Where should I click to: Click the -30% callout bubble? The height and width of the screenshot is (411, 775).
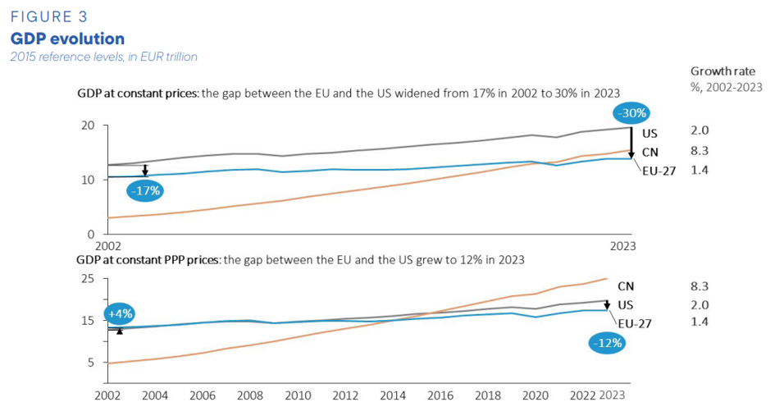pyautogui.click(x=632, y=113)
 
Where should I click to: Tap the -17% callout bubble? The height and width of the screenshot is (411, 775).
pyautogui.click(x=145, y=190)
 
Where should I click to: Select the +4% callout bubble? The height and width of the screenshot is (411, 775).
pyautogui.click(x=120, y=313)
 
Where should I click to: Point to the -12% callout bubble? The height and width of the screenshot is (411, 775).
pyautogui.click(x=607, y=343)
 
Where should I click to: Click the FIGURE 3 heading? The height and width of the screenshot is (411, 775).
pyautogui.click(x=49, y=16)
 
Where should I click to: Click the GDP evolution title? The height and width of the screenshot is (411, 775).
pyautogui.click(x=67, y=39)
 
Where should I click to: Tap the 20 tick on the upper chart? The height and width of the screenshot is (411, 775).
pyautogui.click(x=88, y=126)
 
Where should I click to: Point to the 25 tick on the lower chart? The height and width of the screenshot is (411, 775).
pyautogui.click(x=88, y=278)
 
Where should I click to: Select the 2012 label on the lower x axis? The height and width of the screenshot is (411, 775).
pyautogui.click(x=345, y=395)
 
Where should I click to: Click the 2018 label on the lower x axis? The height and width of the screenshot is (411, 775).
pyautogui.click(x=488, y=395)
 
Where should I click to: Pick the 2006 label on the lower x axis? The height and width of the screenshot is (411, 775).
pyautogui.click(x=203, y=395)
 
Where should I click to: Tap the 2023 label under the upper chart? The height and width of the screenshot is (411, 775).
pyautogui.click(x=622, y=246)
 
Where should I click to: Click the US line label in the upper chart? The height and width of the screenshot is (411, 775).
pyautogui.click(x=650, y=134)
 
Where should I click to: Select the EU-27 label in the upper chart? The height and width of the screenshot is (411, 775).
pyautogui.click(x=659, y=171)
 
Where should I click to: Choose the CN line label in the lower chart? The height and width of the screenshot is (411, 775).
pyautogui.click(x=626, y=286)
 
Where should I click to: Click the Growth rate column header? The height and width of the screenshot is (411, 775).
pyautogui.click(x=723, y=71)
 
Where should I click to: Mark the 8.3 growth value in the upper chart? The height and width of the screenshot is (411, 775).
pyautogui.click(x=700, y=151)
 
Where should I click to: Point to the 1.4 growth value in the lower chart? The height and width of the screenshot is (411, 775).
pyautogui.click(x=700, y=322)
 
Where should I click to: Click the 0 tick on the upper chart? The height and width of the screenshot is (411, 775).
pyautogui.click(x=91, y=234)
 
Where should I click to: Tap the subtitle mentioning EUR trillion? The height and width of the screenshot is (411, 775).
pyautogui.click(x=104, y=57)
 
